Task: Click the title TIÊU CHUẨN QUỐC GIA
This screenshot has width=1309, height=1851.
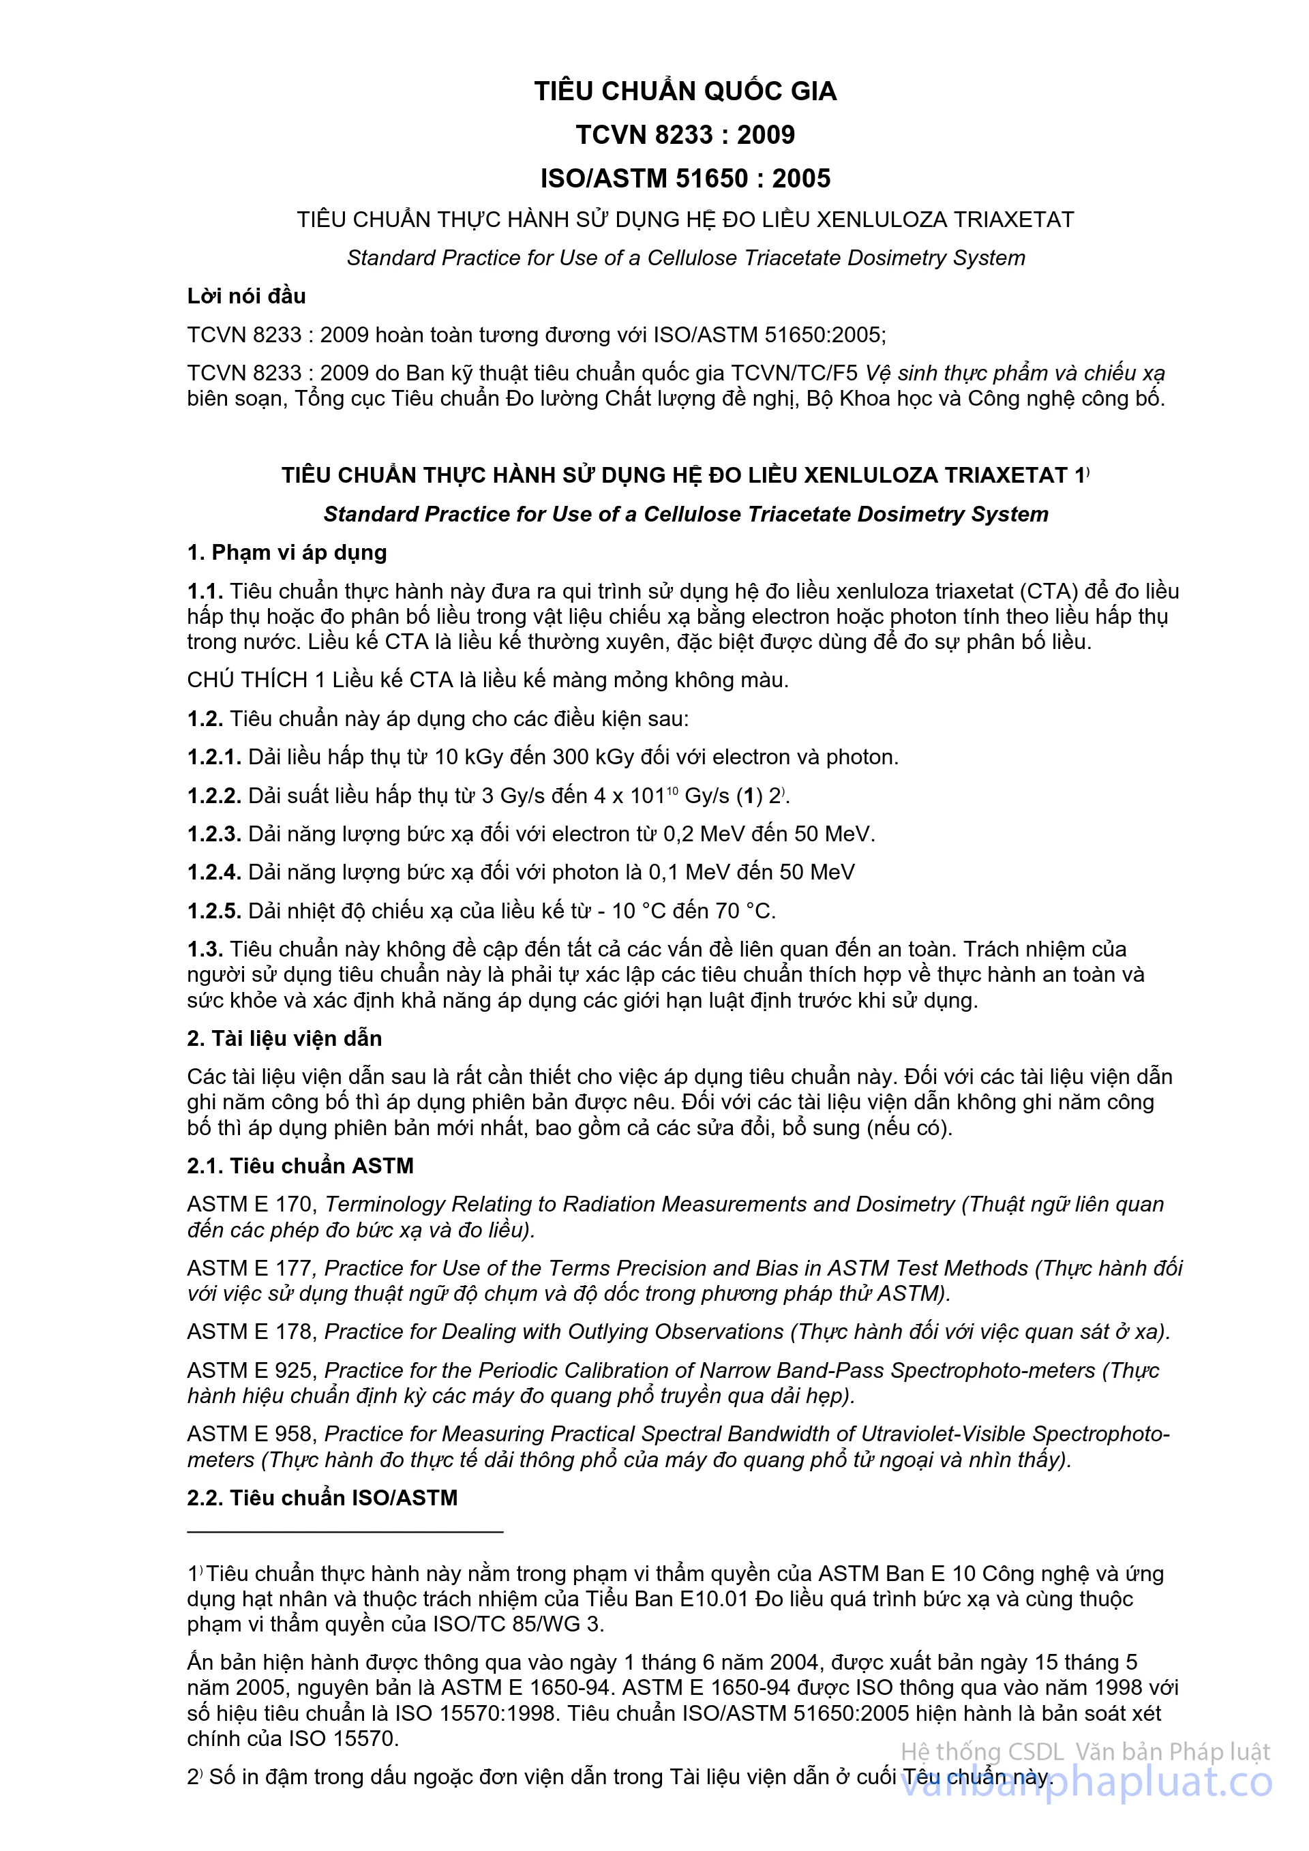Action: point(685,91)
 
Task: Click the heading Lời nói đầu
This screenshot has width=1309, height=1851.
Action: point(246,296)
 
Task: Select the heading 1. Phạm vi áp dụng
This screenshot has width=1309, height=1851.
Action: point(286,552)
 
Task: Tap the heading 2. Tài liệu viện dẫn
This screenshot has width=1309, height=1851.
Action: point(284,1038)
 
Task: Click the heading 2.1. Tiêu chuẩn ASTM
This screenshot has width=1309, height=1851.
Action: point(300,1166)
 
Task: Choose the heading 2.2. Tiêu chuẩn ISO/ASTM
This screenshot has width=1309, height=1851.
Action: point(322,1498)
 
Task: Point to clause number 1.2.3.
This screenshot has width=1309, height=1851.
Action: point(213,834)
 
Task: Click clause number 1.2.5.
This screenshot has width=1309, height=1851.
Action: point(213,911)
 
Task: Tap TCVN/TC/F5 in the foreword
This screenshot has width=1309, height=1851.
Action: point(794,373)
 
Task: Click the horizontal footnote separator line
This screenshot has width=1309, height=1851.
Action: point(344,1531)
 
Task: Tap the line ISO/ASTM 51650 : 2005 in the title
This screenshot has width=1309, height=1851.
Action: point(685,178)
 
